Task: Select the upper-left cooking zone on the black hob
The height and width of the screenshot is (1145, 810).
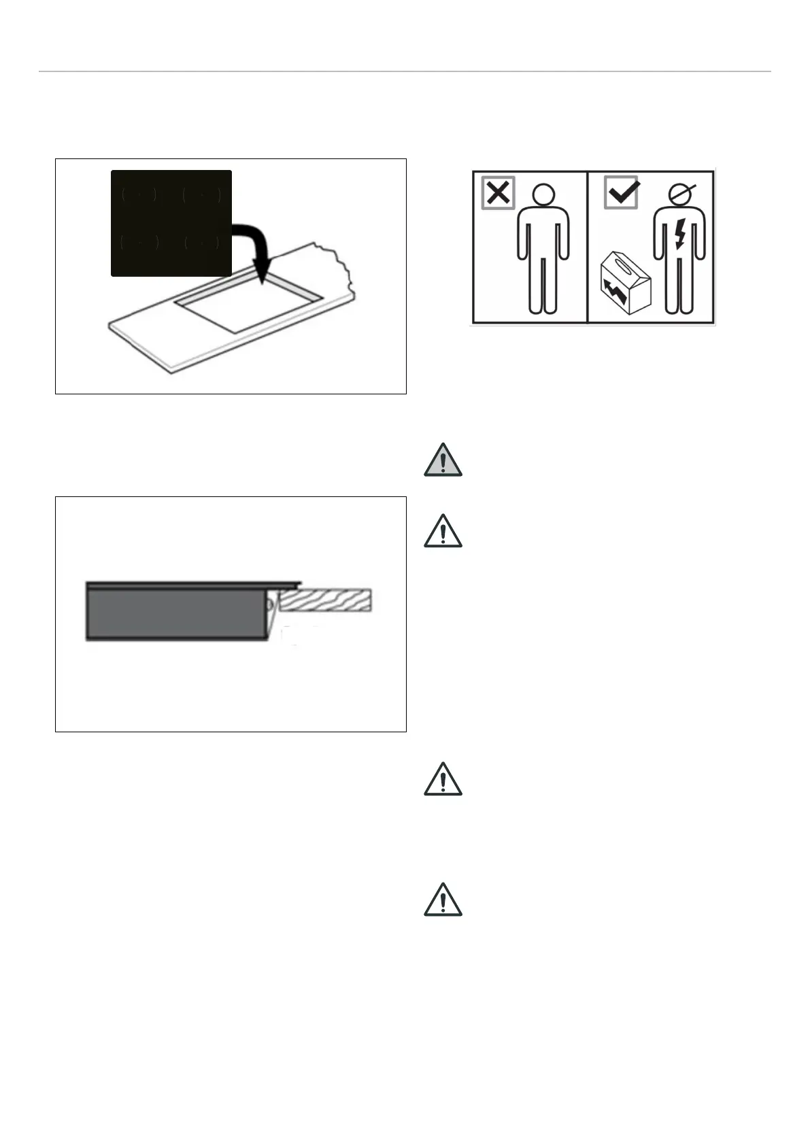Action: coord(139,195)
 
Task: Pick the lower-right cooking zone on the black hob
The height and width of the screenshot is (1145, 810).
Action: coord(202,243)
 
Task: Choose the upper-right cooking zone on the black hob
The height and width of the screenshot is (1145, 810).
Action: coord(202,195)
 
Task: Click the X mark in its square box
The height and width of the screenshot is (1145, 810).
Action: coord(499,192)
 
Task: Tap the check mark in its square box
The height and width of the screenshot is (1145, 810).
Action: coord(621,192)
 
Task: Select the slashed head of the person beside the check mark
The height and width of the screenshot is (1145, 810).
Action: coord(679,196)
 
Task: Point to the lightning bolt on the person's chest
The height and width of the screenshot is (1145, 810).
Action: coord(679,235)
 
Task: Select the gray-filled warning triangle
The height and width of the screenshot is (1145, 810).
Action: coord(443,460)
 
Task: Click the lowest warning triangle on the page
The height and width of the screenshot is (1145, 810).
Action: coord(443,900)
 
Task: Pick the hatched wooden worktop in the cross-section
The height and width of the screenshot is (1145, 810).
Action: coord(326,600)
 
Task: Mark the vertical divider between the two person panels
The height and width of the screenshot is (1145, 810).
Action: coord(587,247)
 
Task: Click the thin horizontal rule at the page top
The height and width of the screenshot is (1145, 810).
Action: coord(405,71)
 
